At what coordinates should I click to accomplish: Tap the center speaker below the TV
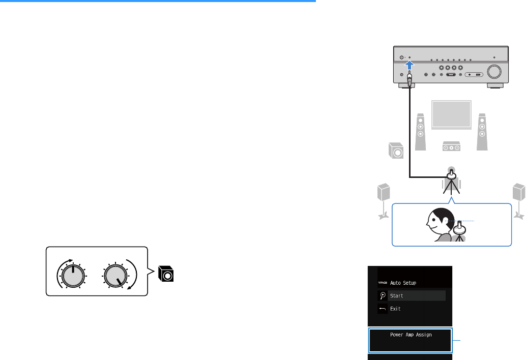tap(452, 146)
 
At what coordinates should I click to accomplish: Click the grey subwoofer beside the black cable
tap(395, 152)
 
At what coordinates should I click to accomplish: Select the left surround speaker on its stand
tap(383, 194)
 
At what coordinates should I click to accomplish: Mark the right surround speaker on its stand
tap(518, 194)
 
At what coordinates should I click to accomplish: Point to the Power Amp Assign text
tap(411, 336)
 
